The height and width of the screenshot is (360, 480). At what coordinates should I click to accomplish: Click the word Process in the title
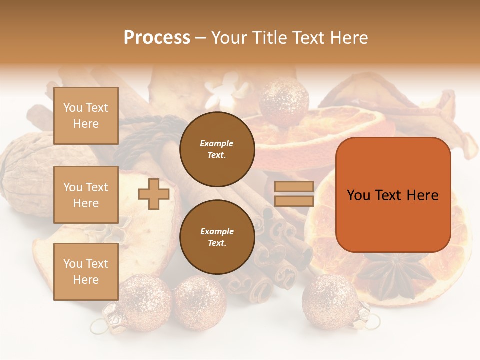(x=157, y=38)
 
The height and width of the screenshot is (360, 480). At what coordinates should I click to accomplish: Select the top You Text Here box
(x=86, y=116)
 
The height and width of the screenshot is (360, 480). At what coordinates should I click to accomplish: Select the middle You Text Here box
(x=86, y=195)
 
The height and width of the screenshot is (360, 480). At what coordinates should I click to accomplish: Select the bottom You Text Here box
(x=86, y=272)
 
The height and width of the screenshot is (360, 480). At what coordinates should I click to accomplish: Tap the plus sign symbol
(x=154, y=194)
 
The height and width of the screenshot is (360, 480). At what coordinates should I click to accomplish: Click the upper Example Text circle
(x=217, y=149)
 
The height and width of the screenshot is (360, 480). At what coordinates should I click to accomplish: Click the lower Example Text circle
(x=217, y=237)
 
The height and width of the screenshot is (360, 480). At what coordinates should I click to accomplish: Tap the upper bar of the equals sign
(x=294, y=187)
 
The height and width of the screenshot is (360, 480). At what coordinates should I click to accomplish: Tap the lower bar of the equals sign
(x=294, y=201)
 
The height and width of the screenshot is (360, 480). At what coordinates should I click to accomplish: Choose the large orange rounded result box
(x=393, y=195)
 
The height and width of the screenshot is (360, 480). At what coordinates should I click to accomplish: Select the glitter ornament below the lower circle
(x=200, y=302)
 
